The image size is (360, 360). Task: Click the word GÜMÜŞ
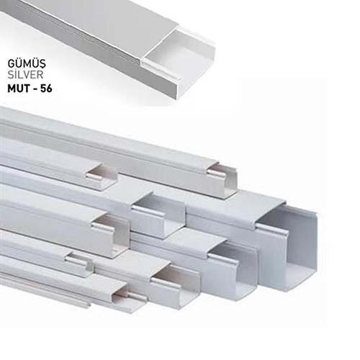[27, 63]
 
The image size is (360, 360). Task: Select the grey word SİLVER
[25, 75]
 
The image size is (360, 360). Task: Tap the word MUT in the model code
[19, 89]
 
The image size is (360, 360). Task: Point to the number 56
[46, 89]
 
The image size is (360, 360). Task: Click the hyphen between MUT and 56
[35, 89]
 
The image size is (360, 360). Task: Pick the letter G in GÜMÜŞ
[12, 63]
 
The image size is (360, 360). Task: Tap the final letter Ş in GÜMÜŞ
[42, 65]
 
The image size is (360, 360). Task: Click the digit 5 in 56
[43, 89]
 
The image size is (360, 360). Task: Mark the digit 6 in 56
[49, 89]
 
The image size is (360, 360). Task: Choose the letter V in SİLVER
[27, 75]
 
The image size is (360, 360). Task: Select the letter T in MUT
[27, 89]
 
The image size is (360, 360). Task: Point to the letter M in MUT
[12, 89]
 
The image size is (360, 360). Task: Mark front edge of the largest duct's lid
[270, 214]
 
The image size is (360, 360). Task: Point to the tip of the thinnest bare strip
[89, 305]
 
